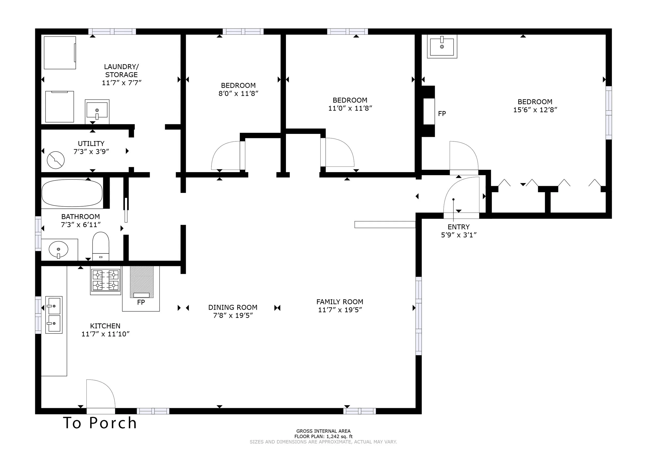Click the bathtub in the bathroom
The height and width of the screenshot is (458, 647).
coord(72,193)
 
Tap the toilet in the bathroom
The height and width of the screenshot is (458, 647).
coord(101,246)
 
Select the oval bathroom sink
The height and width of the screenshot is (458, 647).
coord(58,250)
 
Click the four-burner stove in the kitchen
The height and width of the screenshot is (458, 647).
coord(105,281)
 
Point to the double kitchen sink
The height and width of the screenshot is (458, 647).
coord(54,315)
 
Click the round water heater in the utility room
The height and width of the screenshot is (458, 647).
coord(56,160)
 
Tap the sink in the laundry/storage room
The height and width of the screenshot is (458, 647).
coord(97,112)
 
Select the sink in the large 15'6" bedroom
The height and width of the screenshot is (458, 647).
coord(442,47)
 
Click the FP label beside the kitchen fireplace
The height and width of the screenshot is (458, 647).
coord(141,302)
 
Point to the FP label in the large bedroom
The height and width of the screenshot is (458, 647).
coord(442,113)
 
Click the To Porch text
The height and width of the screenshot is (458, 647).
coord(100,423)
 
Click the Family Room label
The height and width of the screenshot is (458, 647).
coord(340,302)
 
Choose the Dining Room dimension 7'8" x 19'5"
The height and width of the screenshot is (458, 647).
coord(233,315)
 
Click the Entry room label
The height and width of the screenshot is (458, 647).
coord(458,227)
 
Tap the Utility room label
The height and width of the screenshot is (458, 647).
coord(91,143)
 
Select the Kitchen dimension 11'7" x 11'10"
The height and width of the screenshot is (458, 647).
coord(105,334)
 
